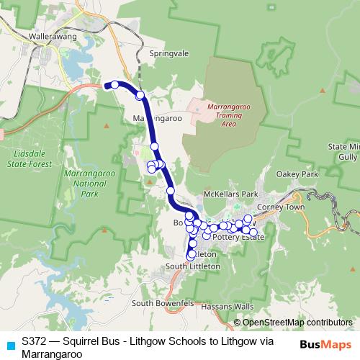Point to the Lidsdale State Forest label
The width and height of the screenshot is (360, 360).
pos(32,158)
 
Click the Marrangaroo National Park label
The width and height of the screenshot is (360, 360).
pos(89,184)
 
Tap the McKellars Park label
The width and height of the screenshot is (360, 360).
pos(230,194)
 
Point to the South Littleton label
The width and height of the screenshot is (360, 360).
pos(192,266)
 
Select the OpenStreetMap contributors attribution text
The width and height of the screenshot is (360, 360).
pos(297,322)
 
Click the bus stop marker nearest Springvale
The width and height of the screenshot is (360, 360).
pos(140,95)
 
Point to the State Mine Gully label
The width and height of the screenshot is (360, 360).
pos(344,151)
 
